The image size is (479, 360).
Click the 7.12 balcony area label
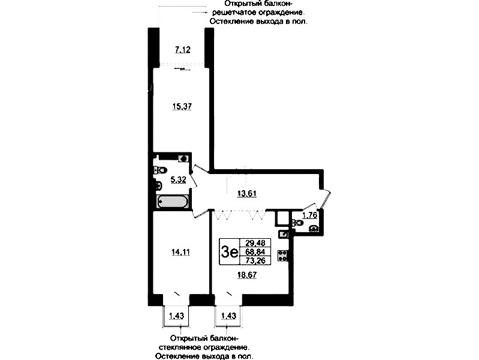point(183,50)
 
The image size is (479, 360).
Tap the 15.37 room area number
point(182,106)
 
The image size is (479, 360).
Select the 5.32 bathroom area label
point(178,180)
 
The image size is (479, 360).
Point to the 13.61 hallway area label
point(247,194)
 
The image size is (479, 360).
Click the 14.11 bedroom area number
point(180,253)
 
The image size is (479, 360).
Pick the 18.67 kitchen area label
point(247,275)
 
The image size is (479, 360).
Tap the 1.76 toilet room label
point(309,215)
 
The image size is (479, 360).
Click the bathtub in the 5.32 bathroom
point(172,202)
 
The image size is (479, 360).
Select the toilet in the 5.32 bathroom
point(161,170)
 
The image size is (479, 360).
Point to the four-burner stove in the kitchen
point(283,256)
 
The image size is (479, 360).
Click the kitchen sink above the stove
point(283,234)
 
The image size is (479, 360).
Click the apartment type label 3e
point(230,253)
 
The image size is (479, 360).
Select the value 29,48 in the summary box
point(254,243)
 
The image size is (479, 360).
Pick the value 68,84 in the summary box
point(254,252)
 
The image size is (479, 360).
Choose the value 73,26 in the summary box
point(254,260)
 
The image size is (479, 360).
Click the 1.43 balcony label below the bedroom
point(177,316)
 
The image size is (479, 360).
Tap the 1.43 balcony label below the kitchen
point(228,316)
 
